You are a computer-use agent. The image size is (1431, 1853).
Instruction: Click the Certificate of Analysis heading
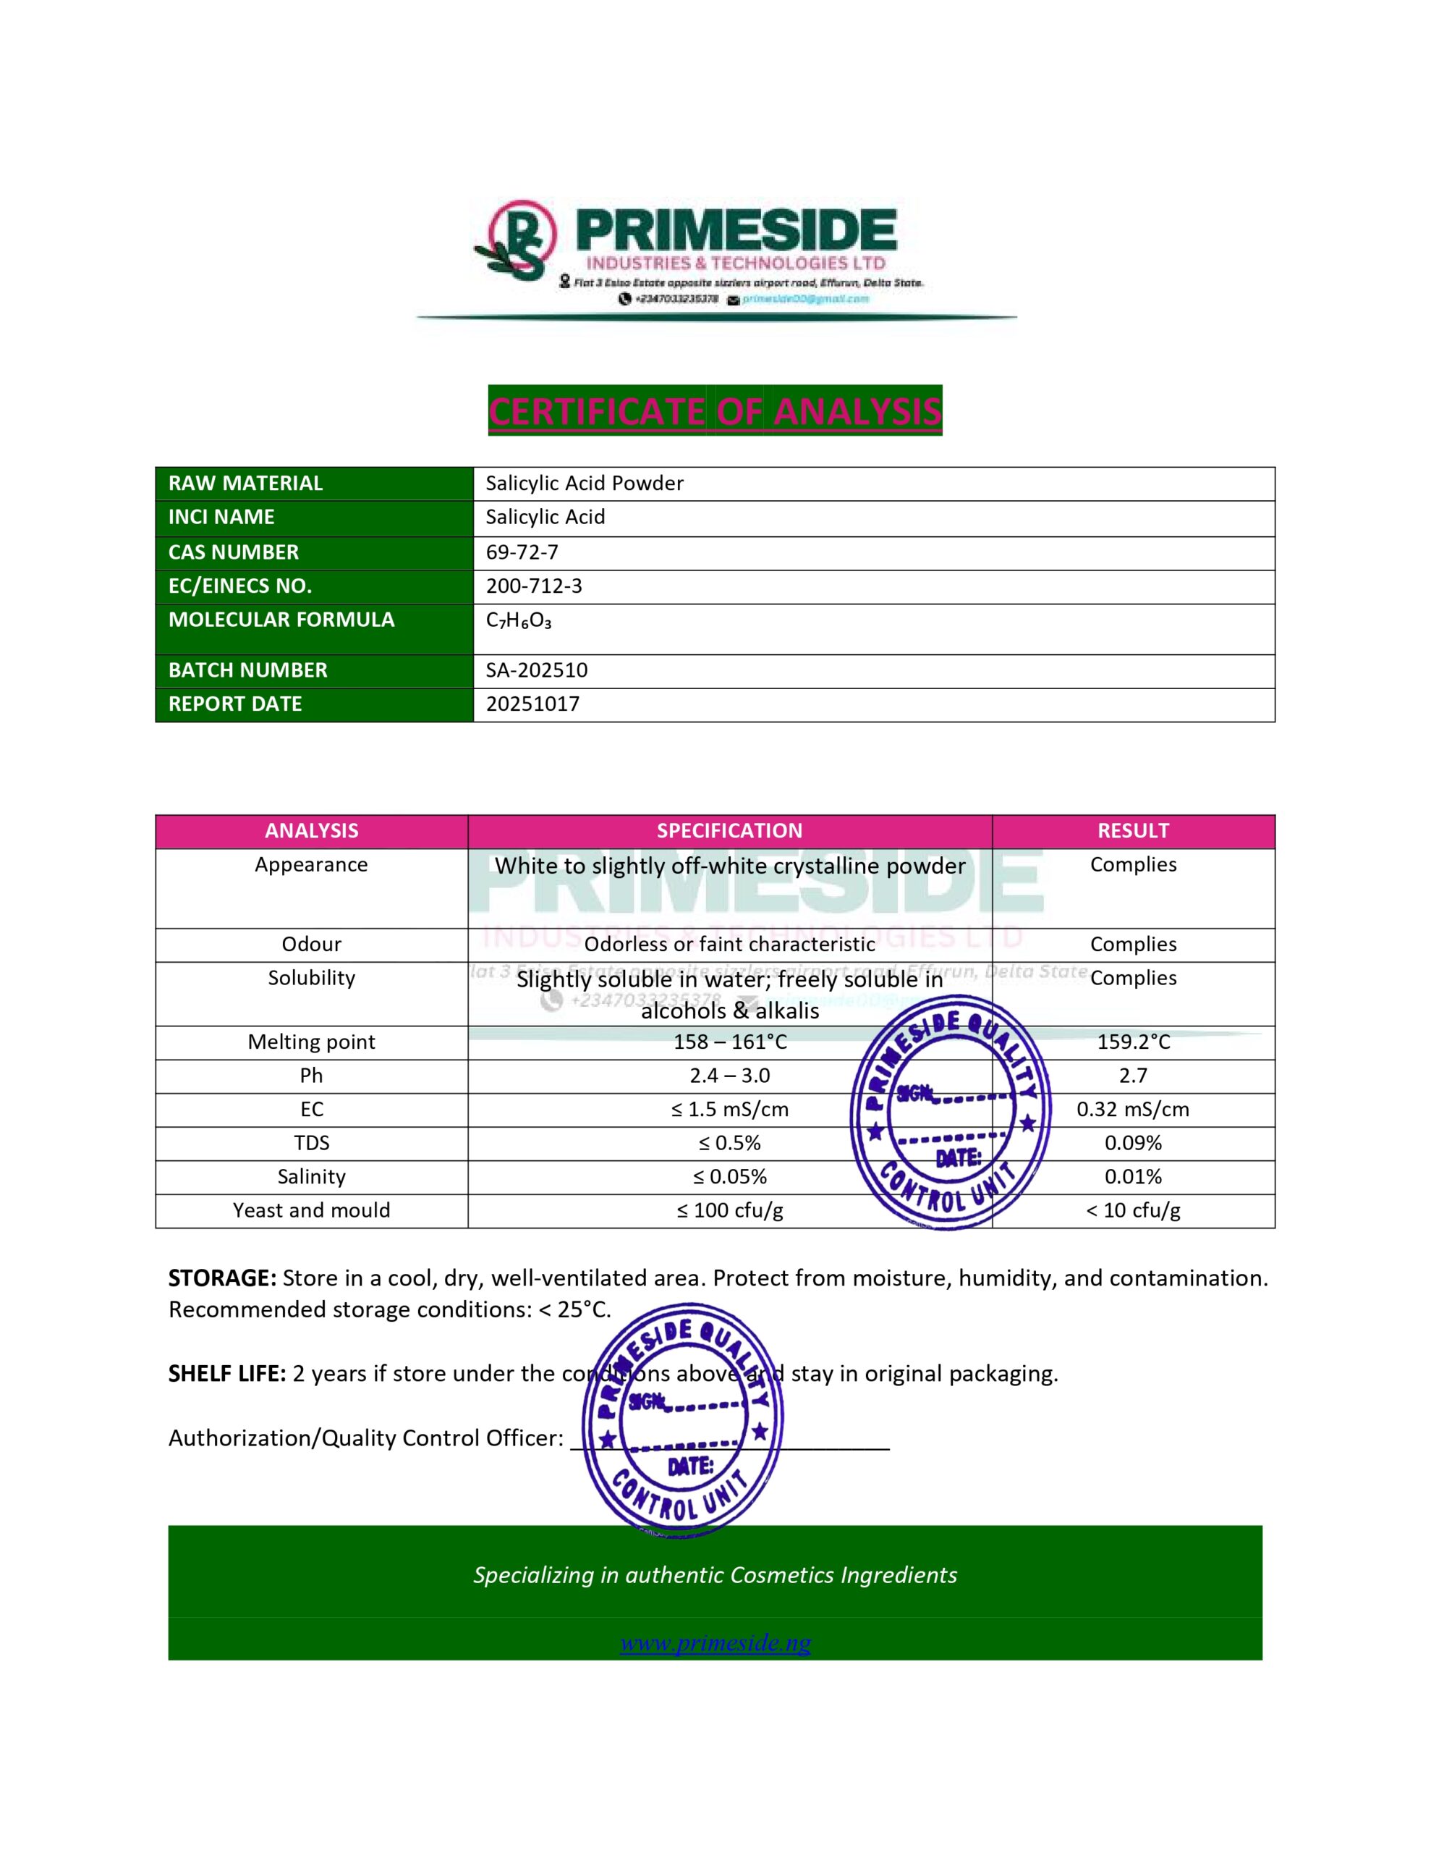[x=714, y=411]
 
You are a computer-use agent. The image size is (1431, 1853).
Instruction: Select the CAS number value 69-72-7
[x=522, y=552]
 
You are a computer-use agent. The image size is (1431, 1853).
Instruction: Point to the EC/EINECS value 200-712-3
[x=533, y=586]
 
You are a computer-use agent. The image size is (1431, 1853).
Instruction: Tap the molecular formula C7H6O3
[x=518, y=621]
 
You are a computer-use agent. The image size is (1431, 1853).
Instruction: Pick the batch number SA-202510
[x=536, y=670]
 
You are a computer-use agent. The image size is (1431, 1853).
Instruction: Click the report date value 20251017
[x=532, y=704]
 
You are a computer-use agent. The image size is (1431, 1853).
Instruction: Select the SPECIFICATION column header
[x=729, y=832]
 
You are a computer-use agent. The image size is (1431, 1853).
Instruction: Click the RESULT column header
[x=1132, y=832]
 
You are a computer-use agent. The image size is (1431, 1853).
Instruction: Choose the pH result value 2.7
[x=1132, y=1076]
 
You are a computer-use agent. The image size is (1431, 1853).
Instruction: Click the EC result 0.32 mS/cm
[x=1132, y=1110]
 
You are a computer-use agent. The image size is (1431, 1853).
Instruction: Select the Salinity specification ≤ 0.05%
[x=729, y=1178]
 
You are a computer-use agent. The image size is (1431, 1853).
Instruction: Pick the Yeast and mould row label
[x=311, y=1211]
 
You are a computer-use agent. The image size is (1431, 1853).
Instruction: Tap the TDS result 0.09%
[x=1132, y=1144]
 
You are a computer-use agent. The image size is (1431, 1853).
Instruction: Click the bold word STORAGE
[x=222, y=1278]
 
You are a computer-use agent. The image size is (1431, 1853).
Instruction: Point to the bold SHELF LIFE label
[x=226, y=1374]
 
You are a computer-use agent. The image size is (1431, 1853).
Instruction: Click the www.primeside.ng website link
[x=715, y=1643]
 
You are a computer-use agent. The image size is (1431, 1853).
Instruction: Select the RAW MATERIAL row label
[x=245, y=484]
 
